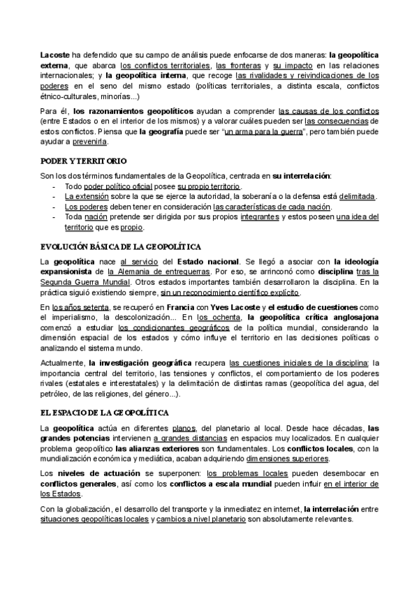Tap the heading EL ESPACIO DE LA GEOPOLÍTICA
105,413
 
